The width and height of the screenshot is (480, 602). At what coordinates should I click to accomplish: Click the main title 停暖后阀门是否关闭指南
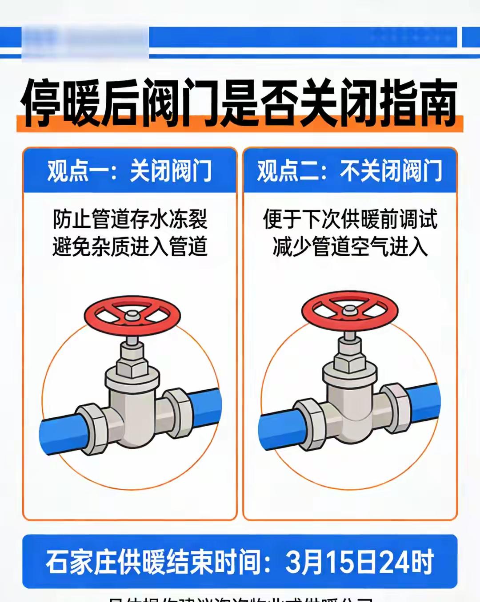pos(240,103)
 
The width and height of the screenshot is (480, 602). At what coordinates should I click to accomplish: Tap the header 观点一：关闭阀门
pos(129,171)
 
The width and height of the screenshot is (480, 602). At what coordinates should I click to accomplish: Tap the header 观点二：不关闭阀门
pos(350,171)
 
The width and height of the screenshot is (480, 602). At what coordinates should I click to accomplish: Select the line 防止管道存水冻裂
pos(130,219)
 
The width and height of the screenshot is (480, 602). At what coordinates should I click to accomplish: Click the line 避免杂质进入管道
pos(130,247)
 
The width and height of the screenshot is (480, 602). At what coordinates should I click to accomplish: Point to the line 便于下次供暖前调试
pos(350,219)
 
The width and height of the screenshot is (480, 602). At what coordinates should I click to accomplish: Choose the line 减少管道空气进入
pos(350,247)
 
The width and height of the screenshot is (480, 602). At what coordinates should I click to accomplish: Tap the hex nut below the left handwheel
pos(132,366)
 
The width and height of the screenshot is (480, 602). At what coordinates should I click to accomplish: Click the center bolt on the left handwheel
pos(132,315)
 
